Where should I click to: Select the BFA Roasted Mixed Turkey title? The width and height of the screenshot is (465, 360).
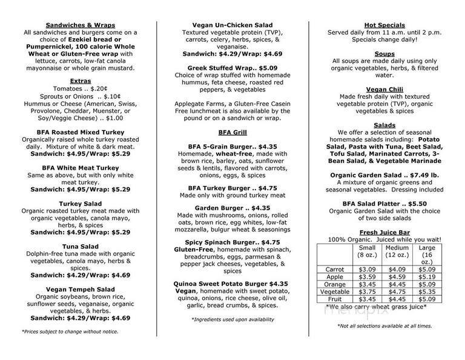(x=80, y=132)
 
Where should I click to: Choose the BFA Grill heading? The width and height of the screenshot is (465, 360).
(x=232, y=132)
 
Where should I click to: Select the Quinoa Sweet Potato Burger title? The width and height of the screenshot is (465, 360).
(x=232, y=282)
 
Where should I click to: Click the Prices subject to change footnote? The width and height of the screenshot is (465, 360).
(x=70, y=332)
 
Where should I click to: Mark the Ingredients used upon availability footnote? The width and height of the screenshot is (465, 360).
(x=232, y=319)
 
